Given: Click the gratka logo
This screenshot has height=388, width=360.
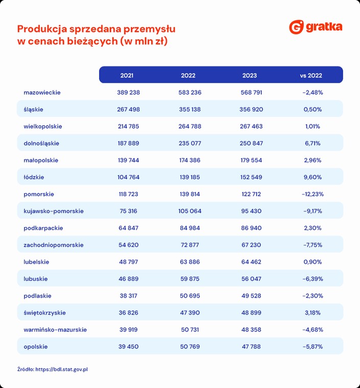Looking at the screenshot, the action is point(316,27).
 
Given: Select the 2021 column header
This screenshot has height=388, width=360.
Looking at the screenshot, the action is point(127,76).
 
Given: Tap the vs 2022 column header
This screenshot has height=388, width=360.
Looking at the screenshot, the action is point(311,76).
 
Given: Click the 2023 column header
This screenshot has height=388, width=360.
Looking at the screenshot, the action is point(249,76).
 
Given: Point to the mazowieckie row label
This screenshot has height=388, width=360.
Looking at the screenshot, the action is point(42,92).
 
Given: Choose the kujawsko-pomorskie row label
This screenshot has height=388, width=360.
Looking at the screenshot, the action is point(54,211).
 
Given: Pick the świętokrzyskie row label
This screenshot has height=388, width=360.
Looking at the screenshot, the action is point(45,313).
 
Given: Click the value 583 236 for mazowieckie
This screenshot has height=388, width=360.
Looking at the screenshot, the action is point(190,92).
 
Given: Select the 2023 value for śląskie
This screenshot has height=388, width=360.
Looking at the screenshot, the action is point(251,109).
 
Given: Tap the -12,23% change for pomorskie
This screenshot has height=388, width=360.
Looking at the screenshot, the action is point(313,194).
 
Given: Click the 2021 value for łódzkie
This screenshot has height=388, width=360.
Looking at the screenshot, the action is point(128,177).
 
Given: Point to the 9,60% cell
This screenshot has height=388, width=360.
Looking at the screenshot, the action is point(313,177).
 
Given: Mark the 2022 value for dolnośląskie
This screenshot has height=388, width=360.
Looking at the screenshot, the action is point(190,143).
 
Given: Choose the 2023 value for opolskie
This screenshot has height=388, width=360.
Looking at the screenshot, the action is point(251,347).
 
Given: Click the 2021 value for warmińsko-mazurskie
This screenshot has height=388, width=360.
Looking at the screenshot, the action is point(128,330).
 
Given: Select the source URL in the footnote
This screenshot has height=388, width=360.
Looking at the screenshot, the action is point(62,370).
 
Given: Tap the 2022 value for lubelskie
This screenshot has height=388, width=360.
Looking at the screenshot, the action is point(190,262).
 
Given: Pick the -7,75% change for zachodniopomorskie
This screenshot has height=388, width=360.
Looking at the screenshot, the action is point(313,245).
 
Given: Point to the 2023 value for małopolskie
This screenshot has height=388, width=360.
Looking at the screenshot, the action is point(251,160).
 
